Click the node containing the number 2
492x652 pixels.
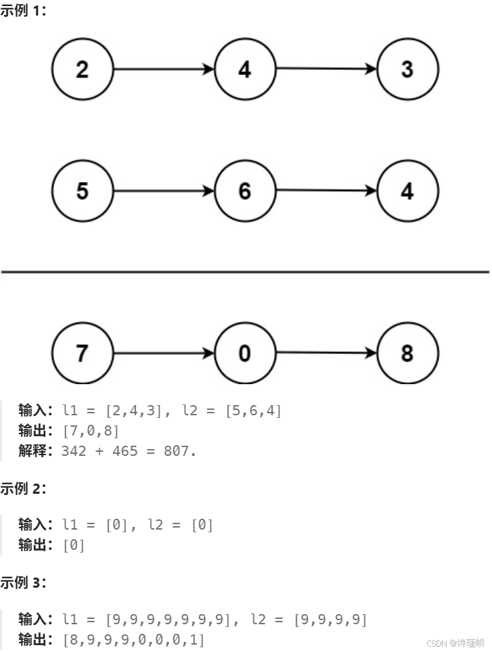click(83, 69)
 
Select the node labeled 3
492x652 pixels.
click(407, 69)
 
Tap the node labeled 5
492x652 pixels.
click(83, 191)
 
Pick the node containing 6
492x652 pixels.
click(245, 191)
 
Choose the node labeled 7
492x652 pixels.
click(83, 353)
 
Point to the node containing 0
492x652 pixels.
click(245, 353)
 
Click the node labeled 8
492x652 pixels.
click(407, 353)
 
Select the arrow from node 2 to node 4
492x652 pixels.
click(164, 69)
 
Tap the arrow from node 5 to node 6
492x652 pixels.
click(164, 191)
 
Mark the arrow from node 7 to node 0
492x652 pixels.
click(164, 353)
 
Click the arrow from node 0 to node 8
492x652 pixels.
click(326, 352)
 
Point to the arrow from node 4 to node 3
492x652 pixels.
click(326, 68)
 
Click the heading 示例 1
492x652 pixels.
click(24, 11)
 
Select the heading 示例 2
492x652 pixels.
click(24, 488)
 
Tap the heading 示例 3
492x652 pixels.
click(24, 582)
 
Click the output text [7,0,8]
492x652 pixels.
click(90, 430)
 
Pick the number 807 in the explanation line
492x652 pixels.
click(179, 450)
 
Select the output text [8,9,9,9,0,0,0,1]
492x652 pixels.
click(133, 639)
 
